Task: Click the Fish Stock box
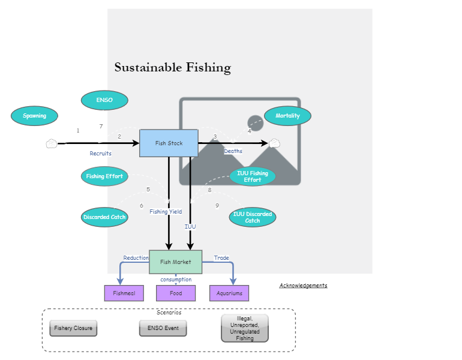coord(169,143)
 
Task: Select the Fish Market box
coord(176,262)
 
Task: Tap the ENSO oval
coord(104,100)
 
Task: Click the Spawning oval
coord(34,116)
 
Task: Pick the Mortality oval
coord(287,116)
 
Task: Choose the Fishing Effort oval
coord(104,176)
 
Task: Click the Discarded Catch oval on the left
coord(104,217)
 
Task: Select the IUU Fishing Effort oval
coord(253,176)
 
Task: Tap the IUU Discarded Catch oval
coord(253,217)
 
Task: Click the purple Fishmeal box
coord(124,293)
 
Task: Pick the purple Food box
coord(176,293)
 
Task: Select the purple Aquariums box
coord(229,293)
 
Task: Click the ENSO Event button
coord(163,328)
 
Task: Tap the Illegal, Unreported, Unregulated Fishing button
coord(245,328)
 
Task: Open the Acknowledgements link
coord(303,286)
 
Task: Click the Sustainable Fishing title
coord(173,67)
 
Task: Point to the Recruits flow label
coord(101,154)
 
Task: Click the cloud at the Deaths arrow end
coord(275,143)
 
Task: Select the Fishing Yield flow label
coord(166,212)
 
